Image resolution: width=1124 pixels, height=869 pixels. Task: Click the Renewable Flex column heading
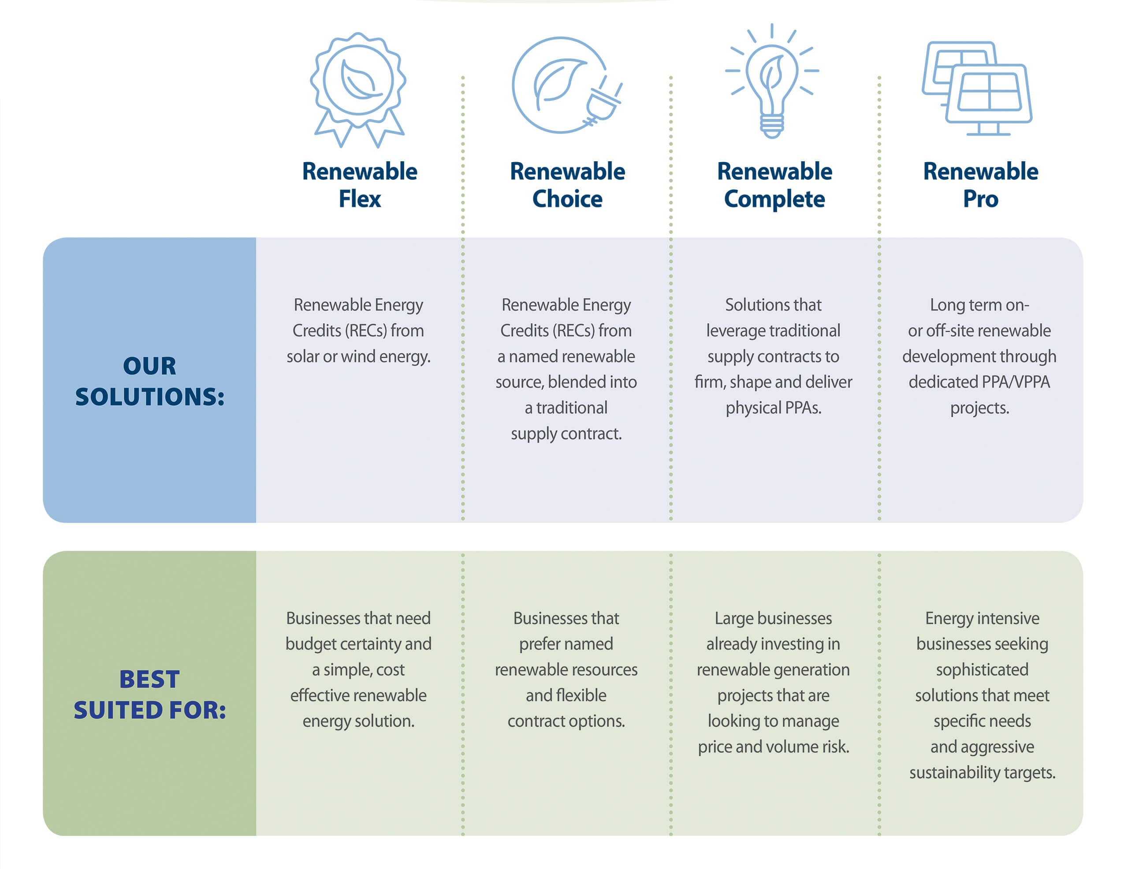coord(359,185)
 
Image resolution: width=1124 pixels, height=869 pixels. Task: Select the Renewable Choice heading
coord(567,185)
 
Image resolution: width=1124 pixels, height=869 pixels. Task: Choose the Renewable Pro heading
coord(980,185)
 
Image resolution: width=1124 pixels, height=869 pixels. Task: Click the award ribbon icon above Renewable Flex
coord(358,90)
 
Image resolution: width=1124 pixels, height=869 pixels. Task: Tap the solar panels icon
coord(977,89)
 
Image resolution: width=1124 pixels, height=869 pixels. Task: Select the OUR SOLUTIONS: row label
coord(150,381)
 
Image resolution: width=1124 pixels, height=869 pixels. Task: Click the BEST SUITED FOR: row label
coord(150,695)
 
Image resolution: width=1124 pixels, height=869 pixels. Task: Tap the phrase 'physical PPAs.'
coord(773,408)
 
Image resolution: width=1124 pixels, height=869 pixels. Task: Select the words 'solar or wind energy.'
coord(358,356)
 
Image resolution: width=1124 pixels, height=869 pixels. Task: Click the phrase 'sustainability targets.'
coord(982,773)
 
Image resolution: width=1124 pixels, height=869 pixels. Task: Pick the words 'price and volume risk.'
coord(773,747)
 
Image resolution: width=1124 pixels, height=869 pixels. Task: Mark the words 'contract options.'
coord(566,721)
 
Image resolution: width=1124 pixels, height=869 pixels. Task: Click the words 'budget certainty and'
coord(358,644)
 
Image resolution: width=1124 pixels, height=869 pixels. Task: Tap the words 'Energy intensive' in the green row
coord(982,618)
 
